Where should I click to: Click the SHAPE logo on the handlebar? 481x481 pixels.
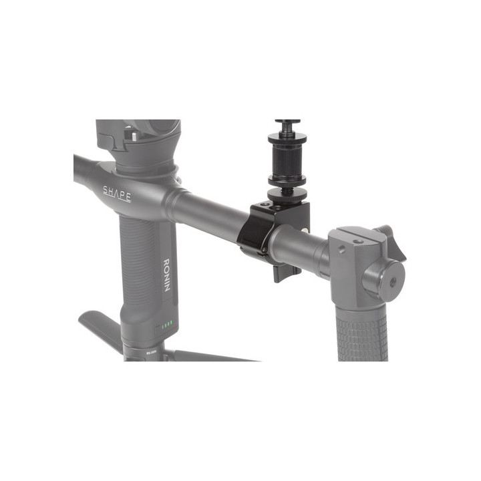coord(117,194)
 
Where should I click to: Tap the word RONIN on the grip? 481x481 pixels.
coord(168,273)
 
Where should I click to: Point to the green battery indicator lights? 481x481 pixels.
coord(166,326)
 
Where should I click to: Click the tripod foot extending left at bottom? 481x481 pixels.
coord(100,327)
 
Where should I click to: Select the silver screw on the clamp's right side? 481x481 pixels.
coord(306,230)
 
